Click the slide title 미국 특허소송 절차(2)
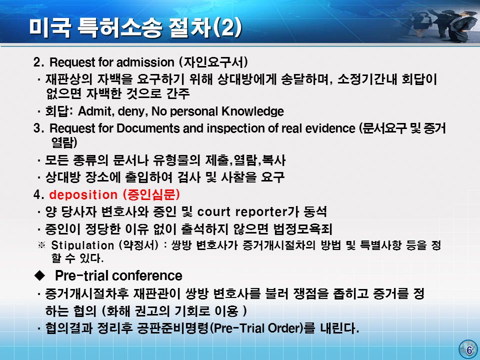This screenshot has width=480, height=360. pos(136,28)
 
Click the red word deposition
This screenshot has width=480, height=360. pos(83,194)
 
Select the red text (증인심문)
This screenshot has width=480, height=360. pos(151,194)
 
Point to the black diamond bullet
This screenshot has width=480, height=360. pos(39,275)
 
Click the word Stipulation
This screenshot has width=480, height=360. pos(82,245)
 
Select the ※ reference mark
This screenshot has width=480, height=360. pos(41,245)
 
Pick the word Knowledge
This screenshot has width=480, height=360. pos(252,111)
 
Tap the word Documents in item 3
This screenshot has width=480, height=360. pos(148,128)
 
